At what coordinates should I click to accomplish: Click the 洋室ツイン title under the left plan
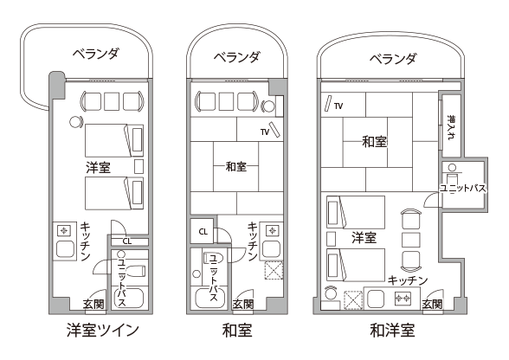pyautogui.click(x=103, y=331)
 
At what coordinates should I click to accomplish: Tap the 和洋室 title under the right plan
pyautogui.click(x=392, y=331)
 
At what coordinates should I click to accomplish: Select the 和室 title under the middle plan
pyautogui.click(x=237, y=331)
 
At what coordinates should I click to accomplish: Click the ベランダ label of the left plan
pyautogui.click(x=96, y=54)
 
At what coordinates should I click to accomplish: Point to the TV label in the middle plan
pyautogui.click(x=265, y=132)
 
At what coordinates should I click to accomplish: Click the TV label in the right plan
pyautogui.click(x=338, y=106)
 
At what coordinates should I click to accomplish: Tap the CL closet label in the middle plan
pyautogui.click(x=203, y=232)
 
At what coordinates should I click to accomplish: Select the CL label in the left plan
pyautogui.click(x=127, y=241)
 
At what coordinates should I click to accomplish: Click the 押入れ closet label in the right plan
pyautogui.click(x=451, y=127)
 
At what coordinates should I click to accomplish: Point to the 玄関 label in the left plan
pyautogui.click(x=93, y=304)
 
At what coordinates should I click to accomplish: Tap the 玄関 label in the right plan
pyautogui.click(x=433, y=304)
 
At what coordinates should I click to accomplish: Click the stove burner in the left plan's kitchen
pyautogui.click(x=64, y=231)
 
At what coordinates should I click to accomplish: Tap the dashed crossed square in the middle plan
pyautogui.click(x=274, y=270)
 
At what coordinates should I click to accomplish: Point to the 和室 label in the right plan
pyautogui.click(x=375, y=142)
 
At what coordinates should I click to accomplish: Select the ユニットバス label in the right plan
pyautogui.click(x=463, y=189)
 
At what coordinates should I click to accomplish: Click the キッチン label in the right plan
pyautogui.click(x=408, y=280)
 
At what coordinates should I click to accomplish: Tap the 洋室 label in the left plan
pyautogui.click(x=99, y=168)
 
